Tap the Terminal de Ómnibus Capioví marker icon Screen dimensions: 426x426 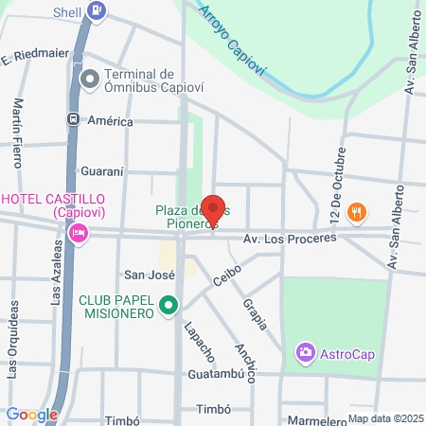(x=91, y=80)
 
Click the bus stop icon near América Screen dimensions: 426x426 (x=72, y=120)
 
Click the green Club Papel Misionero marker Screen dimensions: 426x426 (x=169, y=305)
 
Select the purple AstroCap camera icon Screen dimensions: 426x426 (x=305, y=353)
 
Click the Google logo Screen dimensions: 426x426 (x=31, y=414)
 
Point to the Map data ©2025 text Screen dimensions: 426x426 (x=384, y=418)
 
